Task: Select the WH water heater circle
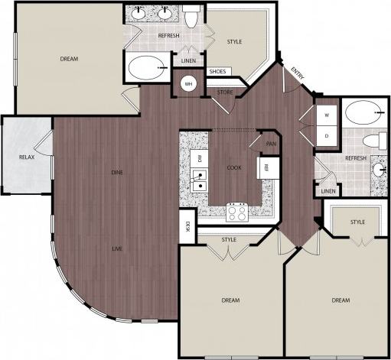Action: pyautogui.click(x=187, y=83)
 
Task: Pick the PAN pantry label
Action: pyautogui.click(x=270, y=143)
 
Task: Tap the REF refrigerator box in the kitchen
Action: pyautogui.click(x=266, y=167)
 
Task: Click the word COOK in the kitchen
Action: pyautogui.click(x=234, y=167)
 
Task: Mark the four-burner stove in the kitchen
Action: pyautogui.click(x=236, y=211)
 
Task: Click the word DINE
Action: pyautogui.click(x=117, y=172)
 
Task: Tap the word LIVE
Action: pyautogui.click(x=117, y=248)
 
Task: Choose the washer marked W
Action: pyautogui.click(x=327, y=116)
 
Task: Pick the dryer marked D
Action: pyautogui.click(x=327, y=137)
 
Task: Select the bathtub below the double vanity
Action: pyautogui.click(x=147, y=70)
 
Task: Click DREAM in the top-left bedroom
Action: pyautogui.click(x=69, y=58)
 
